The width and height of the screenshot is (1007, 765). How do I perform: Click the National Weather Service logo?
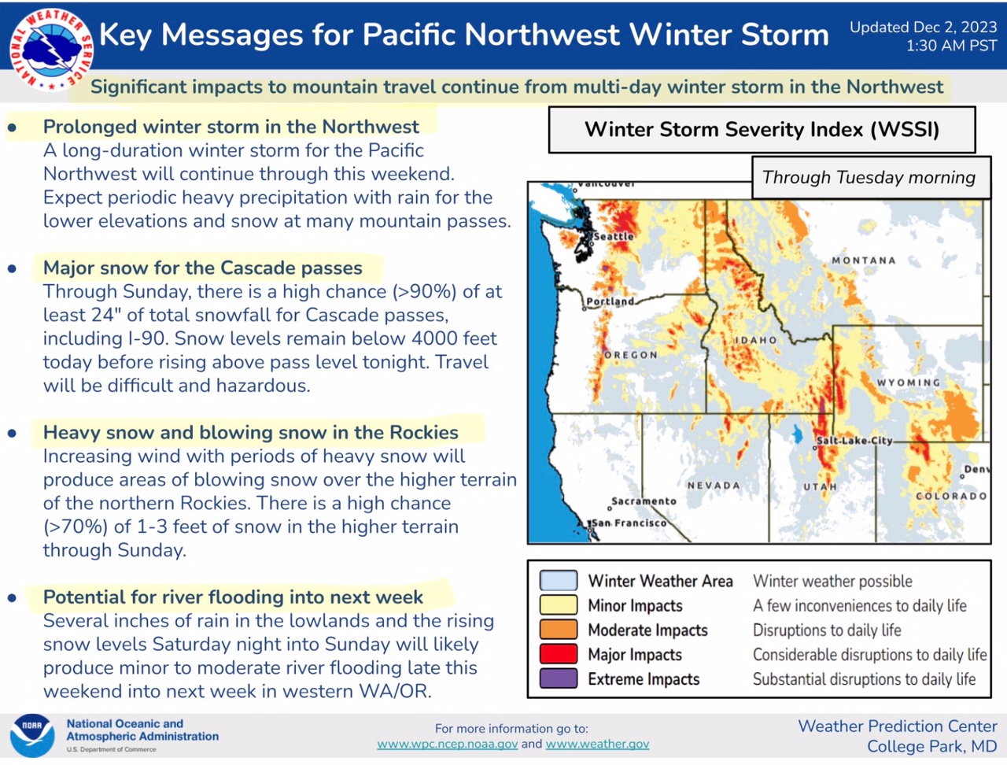pos(51,50)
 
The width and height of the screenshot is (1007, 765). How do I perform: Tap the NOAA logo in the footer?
pos(32,736)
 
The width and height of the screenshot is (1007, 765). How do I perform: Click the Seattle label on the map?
pos(614,236)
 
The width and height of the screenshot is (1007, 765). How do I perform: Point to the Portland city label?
pos(610,301)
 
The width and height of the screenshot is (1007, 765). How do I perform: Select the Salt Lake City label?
pos(854,441)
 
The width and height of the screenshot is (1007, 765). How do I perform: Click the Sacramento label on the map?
pos(644,501)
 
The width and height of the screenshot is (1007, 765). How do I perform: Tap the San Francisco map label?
pos(629,523)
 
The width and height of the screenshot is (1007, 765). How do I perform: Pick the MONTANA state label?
pos(864,261)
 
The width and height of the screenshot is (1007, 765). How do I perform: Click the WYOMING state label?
pos(909,382)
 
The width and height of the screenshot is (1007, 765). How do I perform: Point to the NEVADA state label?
pos(714,486)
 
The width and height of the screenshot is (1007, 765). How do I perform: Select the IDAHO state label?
pos(756,340)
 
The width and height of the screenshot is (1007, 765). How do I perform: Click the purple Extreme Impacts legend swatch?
pos(559,678)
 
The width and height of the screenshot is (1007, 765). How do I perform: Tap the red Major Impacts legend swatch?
pos(559,654)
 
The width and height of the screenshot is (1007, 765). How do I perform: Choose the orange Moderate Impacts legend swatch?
pos(559,630)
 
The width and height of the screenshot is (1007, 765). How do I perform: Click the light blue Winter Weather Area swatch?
pos(559,581)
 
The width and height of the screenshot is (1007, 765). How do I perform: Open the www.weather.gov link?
pos(597,744)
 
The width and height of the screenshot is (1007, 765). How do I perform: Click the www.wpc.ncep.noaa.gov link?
pos(448,744)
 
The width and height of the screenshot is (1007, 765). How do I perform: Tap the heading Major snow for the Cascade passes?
pos(203,268)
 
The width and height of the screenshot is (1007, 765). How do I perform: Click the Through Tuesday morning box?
pos(871,178)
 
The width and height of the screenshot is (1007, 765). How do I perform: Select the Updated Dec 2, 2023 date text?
pos(923,27)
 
